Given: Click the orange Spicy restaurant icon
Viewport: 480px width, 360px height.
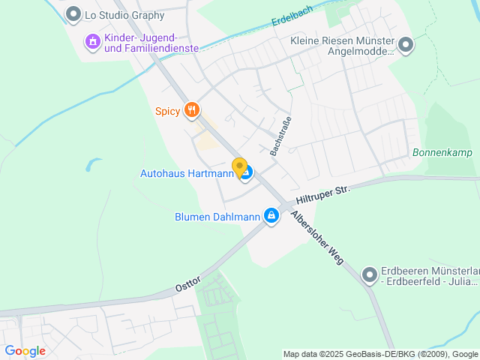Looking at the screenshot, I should (x=193, y=111).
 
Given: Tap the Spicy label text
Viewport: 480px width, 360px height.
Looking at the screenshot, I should (x=167, y=112).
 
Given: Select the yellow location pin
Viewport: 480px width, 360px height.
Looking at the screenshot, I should (x=239, y=167).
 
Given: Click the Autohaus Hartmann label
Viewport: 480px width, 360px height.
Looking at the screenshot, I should (x=186, y=173).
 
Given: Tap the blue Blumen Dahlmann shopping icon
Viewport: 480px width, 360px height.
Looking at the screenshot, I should (x=271, y=217).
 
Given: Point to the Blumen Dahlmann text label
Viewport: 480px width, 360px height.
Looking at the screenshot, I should (x=217, y=217).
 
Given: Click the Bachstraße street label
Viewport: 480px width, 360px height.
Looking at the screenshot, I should (x=280, y=135).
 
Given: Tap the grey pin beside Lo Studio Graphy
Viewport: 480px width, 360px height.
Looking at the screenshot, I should (x=73, y=13).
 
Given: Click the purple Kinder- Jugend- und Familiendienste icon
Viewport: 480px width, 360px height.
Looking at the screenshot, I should (x=92, y=41).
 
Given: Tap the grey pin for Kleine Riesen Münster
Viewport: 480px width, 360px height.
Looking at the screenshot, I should (x=406, y=46).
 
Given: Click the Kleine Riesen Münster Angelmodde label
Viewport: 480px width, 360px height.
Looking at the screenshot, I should (x=342, y=46).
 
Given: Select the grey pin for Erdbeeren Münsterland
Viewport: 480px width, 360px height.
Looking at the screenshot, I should (x=369, y=275).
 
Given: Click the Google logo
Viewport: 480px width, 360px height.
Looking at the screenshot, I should (x=25, y=350).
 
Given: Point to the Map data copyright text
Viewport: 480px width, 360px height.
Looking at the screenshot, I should (x=380, y=354).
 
